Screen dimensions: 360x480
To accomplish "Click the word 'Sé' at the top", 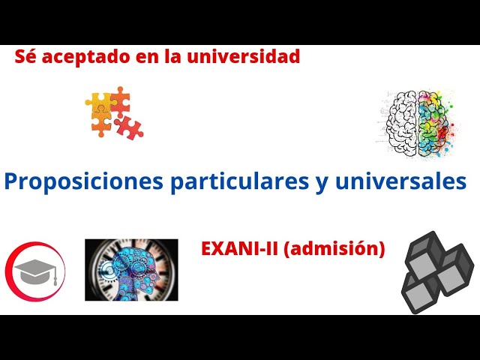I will [25, 56].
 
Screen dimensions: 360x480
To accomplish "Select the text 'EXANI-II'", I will [238, 248].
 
